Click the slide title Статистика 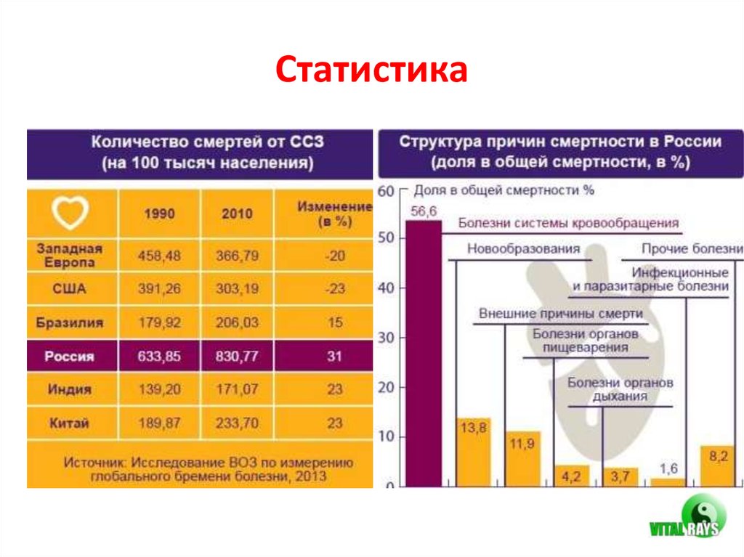[x=371, y=72]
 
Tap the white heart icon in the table [x=70, y=213]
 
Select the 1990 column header [x=158, y=214]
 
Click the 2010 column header [x=237, y=214]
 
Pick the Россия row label [x=70, y=357]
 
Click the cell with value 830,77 [x=237, y=357]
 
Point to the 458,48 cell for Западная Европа [x=158, y=256]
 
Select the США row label [x=70, y=289]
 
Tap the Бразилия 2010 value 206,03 [x=237, y=322]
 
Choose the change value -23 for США [x=334, y=289]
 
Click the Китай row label [x=70, y=423]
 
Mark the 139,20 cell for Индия [x=158, y=390]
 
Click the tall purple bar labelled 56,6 [x=423, y=352]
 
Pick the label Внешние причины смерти [x=561, y=314]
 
